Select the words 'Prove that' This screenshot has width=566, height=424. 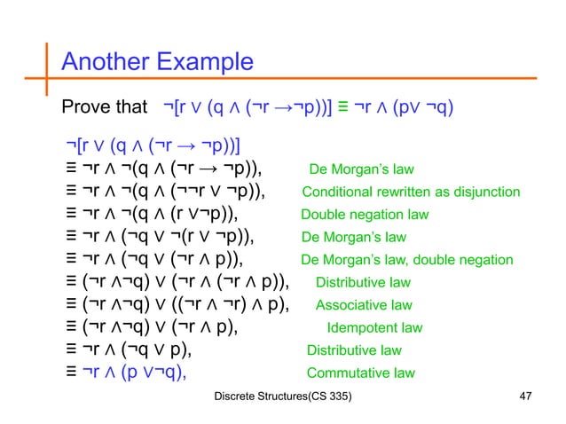coord(102,108)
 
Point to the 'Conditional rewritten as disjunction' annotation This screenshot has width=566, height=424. coord(411,192)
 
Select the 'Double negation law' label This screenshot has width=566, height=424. coord(365,215)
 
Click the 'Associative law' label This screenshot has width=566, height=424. coord(364,305)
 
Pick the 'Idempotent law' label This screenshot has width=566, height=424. coord(374,327)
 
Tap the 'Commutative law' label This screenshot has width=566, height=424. coord(360,373)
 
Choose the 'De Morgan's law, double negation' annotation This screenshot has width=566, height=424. coord(406,260)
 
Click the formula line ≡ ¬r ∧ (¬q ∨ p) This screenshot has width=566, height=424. coord(128,349)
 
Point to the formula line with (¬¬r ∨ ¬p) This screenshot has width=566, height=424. coord(165,192)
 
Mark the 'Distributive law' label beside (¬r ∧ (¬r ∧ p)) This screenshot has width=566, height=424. coord(363,283)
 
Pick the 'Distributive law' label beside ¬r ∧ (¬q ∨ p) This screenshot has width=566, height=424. coord(354,350)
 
